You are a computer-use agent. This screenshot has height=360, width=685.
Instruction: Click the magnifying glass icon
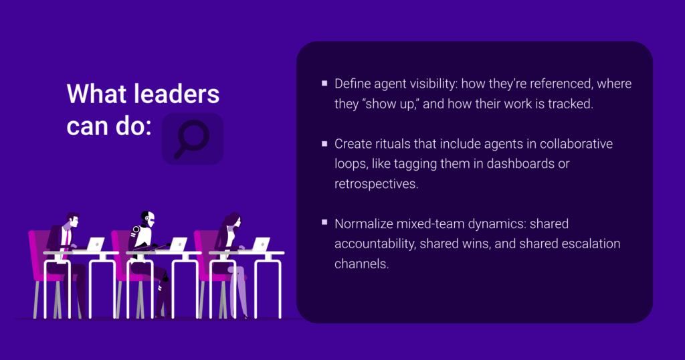[191, 139]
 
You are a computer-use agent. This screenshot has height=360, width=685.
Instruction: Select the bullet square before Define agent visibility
[324, 83]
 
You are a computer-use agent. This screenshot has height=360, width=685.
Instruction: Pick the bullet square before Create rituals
[324, 143]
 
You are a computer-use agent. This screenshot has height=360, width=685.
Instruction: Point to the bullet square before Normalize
[324, 222]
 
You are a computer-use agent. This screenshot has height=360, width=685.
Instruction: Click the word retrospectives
[376, 184]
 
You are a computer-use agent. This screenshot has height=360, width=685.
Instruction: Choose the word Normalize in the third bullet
[363, 223]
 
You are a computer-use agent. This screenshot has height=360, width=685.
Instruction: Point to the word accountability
[375, 244]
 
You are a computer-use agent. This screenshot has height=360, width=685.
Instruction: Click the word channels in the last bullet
[361, 264]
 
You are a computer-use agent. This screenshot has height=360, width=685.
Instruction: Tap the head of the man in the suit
[72, 219]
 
